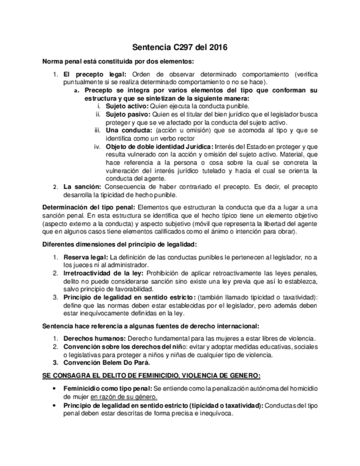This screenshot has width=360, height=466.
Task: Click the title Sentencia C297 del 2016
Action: pyautogui.click(x=180, y=48)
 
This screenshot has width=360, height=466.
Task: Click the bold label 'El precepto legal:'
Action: pyautogui.click(x=95, y=74)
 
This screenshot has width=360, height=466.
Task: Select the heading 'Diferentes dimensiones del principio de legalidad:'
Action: pyautogui.click(x=119, y=243)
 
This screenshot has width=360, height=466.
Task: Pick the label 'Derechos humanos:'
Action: pyautogui.click(x=92, y=338)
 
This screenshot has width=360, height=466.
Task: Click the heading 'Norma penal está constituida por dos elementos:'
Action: pyautogui.click(x=118, y=61)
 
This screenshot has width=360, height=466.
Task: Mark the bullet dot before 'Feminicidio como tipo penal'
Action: pyautogui.click(x=53, y=389)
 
